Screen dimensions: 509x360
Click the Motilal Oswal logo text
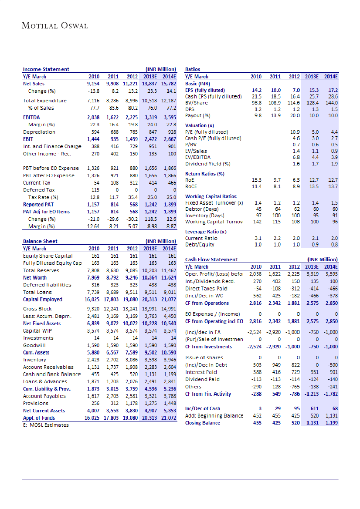(x=55, y=26)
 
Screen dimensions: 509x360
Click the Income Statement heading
(x=46, y=69)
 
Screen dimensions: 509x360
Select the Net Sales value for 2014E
(x=168, y=83)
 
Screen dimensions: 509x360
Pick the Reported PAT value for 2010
(x=93, y=204)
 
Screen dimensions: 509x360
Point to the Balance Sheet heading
(x=40, y=241)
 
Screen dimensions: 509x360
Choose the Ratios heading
(x=193, y=69)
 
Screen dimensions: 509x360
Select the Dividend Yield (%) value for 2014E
(x=334, y=164)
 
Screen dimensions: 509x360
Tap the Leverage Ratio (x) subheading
(x=206, y=232)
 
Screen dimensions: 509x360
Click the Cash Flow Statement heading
(x=211, y=260)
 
